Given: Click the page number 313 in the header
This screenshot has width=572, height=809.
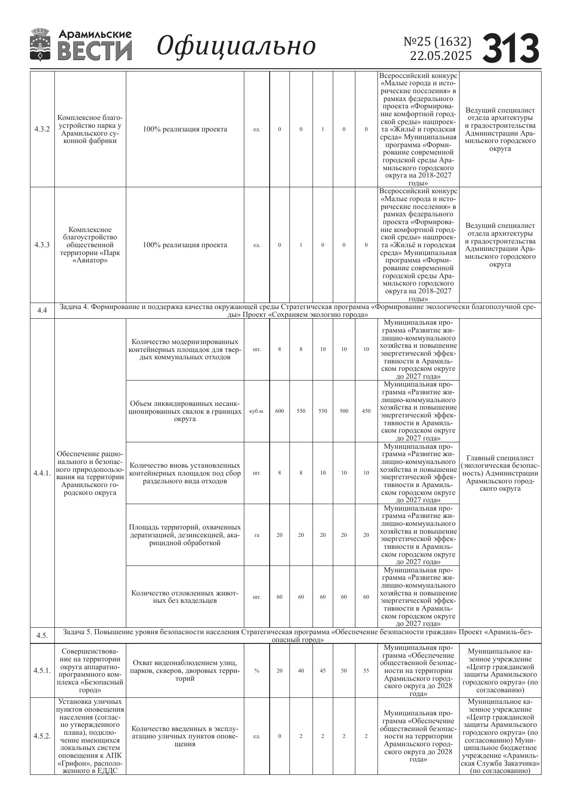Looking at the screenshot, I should tap(511, 48).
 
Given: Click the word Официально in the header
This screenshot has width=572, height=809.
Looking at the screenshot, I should tap(236, 46).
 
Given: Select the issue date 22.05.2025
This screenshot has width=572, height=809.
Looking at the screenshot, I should tap(441, 56).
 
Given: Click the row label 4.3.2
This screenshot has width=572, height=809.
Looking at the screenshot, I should tap(42, 129).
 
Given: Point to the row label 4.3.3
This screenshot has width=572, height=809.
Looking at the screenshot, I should tap(42, 245).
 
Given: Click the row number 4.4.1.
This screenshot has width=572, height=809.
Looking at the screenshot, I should tap(42, 473).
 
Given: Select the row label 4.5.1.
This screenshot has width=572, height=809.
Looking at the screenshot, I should tap(42, 671).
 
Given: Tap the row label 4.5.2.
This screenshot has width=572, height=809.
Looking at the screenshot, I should tap(42, 736).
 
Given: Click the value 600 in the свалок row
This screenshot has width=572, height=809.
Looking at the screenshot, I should tap(279, 411).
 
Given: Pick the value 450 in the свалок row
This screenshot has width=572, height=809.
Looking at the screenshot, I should tap(366, 411).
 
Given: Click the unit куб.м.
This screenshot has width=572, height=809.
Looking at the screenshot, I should tap(257, 411).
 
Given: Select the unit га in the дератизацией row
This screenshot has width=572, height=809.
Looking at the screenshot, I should tap(257, 535).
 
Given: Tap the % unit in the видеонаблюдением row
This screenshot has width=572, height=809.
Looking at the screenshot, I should tap(257, 671).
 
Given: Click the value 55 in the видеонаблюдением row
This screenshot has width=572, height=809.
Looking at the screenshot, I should tap(366, 671).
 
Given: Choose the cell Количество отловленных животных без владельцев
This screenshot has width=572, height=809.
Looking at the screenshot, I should tap(185, 597).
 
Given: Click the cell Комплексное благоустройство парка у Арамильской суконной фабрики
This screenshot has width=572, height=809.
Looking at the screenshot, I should tap(90, 129).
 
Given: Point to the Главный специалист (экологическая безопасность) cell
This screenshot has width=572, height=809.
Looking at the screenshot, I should tap(500, 473).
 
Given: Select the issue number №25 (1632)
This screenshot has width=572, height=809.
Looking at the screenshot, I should tap(437, 42).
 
